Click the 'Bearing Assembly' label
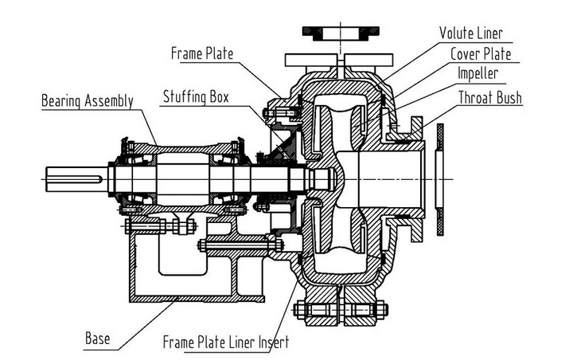[x=87, y=101]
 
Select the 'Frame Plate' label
[x=203, y=54]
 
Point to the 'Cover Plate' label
[x=481, y=54]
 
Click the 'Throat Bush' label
[x=489, y=97]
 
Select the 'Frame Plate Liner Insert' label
[x=225, y=342]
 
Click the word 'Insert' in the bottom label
[x=273, y=342]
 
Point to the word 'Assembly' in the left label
[x=107, y=101]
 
